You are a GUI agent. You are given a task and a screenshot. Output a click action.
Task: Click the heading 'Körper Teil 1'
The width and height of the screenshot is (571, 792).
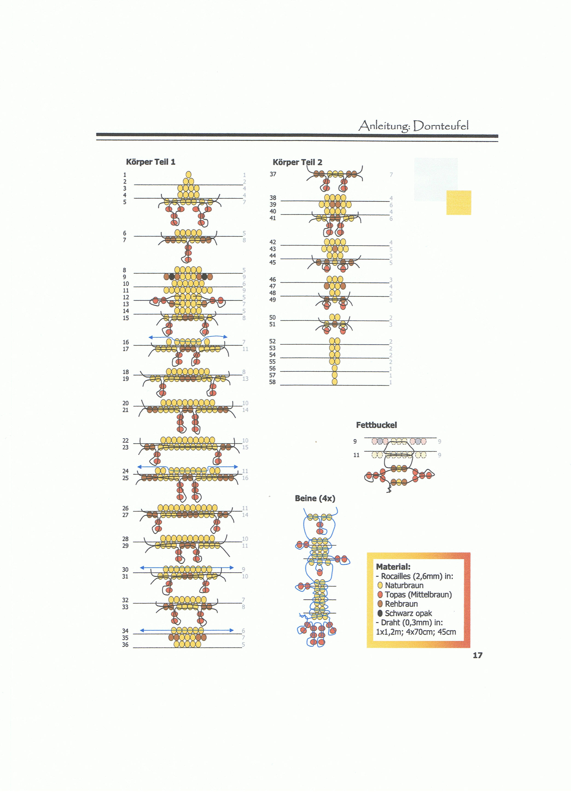click(150, 162)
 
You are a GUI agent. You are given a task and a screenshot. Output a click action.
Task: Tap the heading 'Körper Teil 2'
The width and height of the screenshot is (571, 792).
click(297, 162)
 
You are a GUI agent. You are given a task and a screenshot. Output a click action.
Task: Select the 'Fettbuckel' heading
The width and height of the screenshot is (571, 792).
click(376, 425)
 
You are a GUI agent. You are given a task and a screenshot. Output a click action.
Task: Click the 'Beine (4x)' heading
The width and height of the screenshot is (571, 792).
click(315, 498)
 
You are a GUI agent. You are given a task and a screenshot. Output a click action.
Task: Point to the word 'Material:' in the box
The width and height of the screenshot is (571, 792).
click(393, 567)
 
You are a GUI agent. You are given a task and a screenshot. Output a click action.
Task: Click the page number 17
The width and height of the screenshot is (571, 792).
click(478, 655)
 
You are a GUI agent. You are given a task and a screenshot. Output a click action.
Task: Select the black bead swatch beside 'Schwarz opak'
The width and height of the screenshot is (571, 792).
click(380, 613)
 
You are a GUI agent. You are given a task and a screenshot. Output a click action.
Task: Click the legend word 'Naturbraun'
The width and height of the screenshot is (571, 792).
click(404, 585)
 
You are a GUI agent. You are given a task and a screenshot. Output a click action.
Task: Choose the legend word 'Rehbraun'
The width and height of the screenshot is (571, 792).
click(401, 604)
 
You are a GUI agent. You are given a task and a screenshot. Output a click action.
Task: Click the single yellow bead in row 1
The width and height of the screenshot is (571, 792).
click(189, 175)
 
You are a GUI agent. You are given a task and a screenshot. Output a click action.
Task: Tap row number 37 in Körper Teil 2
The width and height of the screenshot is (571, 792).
click(273, 174)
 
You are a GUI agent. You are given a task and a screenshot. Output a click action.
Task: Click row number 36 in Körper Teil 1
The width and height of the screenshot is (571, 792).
click(125, 645)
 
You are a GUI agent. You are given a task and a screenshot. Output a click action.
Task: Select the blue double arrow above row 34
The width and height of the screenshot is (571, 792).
click(187, 630)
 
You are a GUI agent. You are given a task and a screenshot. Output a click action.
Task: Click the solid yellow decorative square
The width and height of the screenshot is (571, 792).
click(459, 203)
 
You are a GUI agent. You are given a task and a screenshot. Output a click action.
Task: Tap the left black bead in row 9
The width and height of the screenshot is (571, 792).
click(172, 277)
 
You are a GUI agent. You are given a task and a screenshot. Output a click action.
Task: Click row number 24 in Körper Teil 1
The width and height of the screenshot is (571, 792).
click(125, 471)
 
